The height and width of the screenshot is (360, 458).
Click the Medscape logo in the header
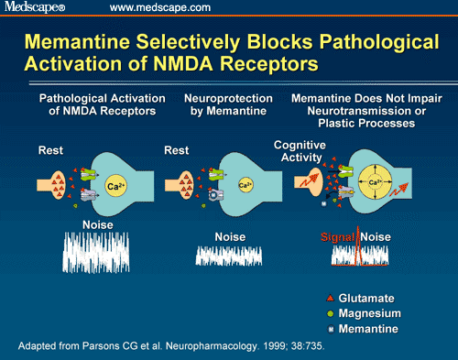pos(35,6)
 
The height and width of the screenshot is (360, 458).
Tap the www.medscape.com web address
pos(160,7)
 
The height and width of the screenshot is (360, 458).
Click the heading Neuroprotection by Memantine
pos(228,104)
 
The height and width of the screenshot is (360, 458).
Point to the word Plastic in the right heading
pos(336,123)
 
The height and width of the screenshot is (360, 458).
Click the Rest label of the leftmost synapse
pos(50,150)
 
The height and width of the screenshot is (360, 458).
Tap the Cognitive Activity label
pos(300,151)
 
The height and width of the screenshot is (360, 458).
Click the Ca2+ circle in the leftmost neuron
pos(116,186)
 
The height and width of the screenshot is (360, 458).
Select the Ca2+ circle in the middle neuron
pos(245,185)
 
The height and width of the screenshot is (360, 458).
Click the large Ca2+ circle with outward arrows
pos(375,182)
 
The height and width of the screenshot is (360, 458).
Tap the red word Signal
pos(338,237)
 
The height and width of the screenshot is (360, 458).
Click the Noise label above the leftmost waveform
pos(98,225)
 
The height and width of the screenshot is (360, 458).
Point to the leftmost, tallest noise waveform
pos(96,252)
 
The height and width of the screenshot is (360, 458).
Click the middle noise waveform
pos(229,256)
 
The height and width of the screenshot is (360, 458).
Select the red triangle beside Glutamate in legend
pos(330,298)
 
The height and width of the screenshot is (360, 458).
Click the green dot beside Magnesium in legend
pos(330,313)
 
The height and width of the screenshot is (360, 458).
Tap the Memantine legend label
pos(368,329)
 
